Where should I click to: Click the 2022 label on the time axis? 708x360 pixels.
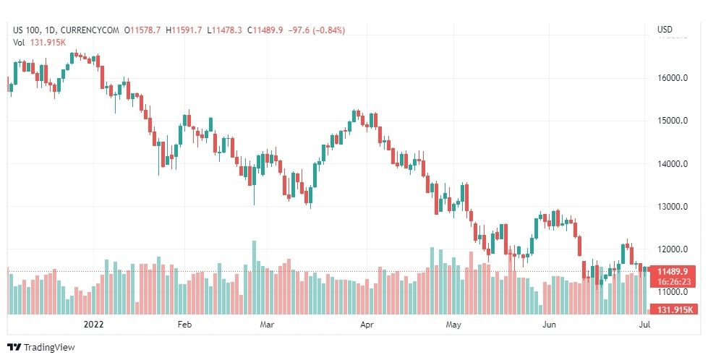(95, 325)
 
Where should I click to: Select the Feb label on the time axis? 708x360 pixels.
(185, 325)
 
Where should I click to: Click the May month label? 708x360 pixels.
(453, 325)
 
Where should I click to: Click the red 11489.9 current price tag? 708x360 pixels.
(673, 272)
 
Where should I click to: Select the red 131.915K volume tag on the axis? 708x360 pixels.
(676, 309)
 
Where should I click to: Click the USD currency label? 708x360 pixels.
(664, 30)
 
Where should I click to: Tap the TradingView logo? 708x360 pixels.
(41, 348)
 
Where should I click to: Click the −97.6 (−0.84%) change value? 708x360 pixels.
(316, 30)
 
